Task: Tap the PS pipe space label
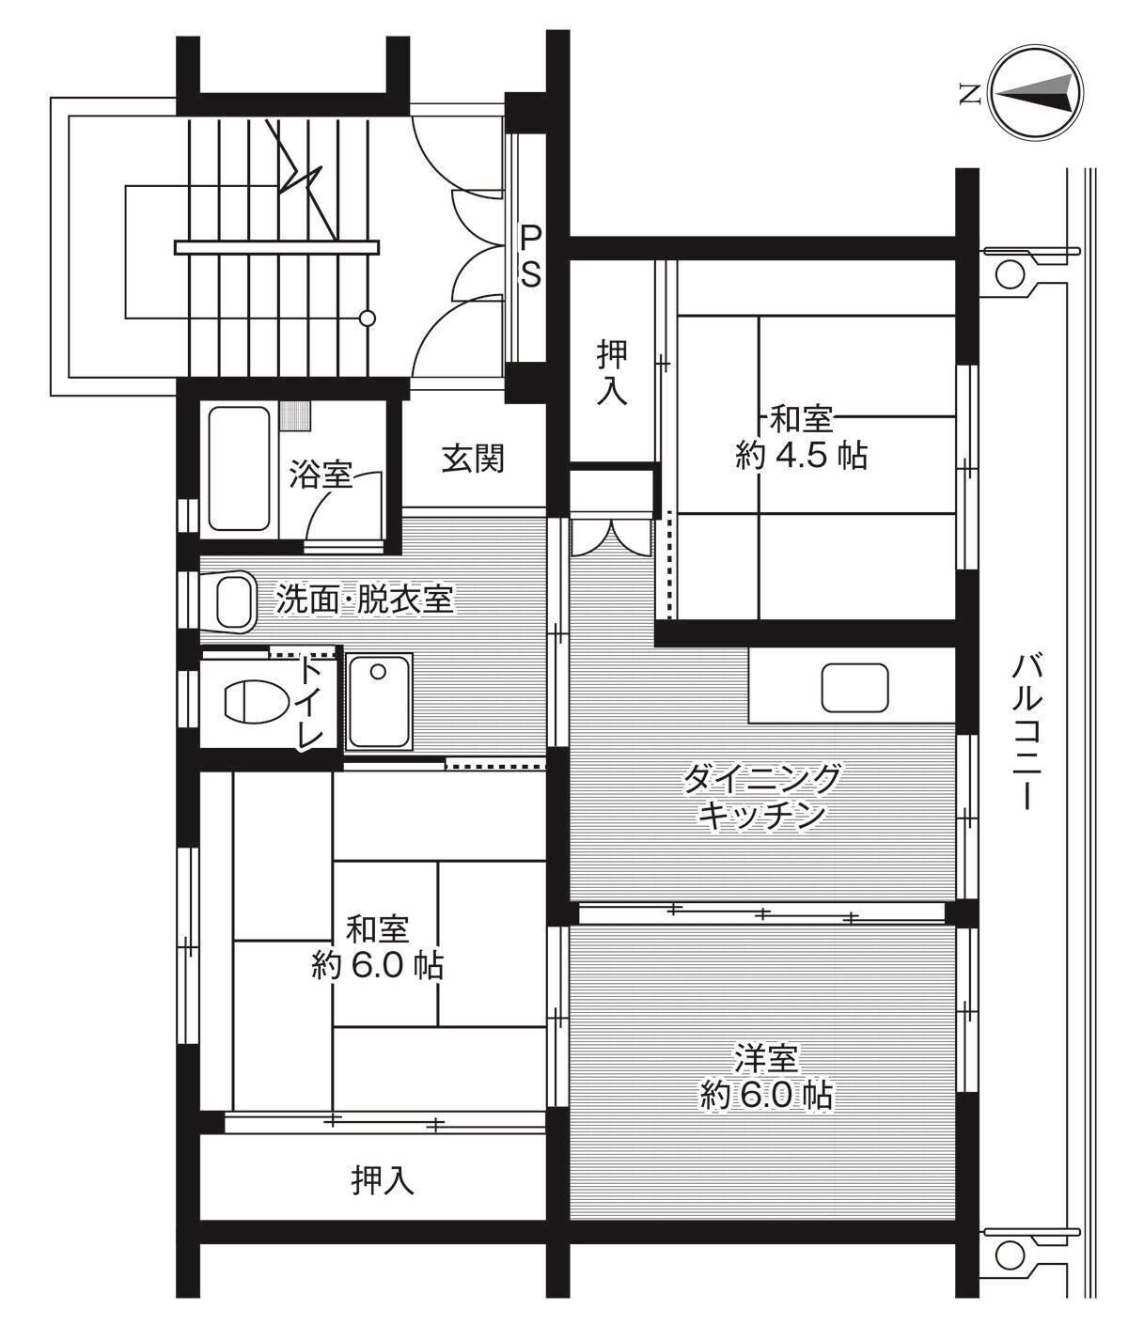tap(531, 255)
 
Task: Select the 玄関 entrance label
tap(474, 459)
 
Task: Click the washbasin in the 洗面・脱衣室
tap(234, 603)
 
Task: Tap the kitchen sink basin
tap(854, 688)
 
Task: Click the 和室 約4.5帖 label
tap(801, 437)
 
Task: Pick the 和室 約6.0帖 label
tap(378, 947)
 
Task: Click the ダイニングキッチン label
tap(761, 795)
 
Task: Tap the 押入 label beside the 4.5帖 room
tap(612, 372)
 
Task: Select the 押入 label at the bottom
tap(383, 1180)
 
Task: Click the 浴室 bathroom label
tap(320, 475)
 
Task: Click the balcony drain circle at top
tap(1009, 273)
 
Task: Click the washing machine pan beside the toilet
tap(378, 701)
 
